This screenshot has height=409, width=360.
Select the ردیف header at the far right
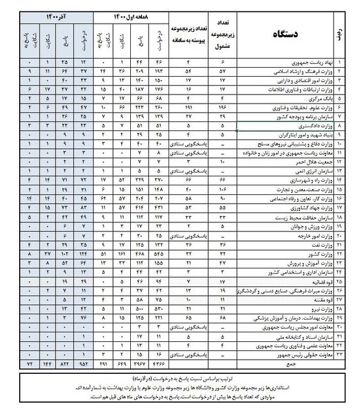[346, 35]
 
